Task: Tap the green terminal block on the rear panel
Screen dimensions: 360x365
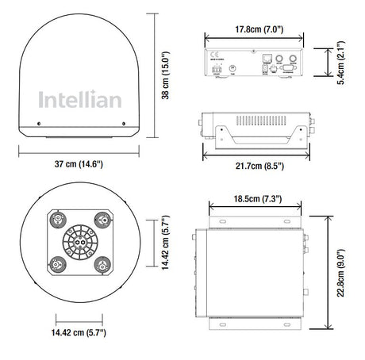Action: [217, 70]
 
